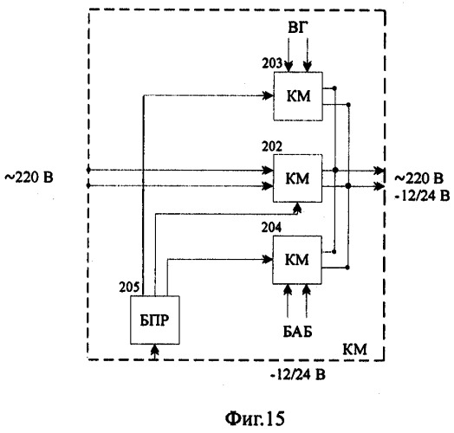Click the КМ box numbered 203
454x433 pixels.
[298, 96]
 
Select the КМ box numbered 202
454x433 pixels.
[298, 178]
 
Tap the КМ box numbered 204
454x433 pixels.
[297, 260]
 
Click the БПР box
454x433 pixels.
[155, 320]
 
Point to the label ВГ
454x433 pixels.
[298, 28]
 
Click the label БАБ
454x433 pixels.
[298, 332]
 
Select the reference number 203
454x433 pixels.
[272, 63]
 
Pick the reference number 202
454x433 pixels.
[272, 146]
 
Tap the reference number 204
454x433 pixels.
[271, 228]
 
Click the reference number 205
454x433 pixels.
[129, 288]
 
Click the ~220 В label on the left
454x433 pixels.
[29, 178]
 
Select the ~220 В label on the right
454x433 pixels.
[418, 178]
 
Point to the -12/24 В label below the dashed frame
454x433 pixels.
[298, 375]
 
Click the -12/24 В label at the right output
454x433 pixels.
[422, 196]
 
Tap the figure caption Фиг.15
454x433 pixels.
[255, 418]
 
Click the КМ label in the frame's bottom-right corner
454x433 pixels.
[354, 349]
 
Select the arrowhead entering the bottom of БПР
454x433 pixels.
[155, 349]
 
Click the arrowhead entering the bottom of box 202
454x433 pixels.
[297, 207]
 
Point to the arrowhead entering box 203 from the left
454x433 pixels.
[268, 95]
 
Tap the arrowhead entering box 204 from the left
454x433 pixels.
[267, 259]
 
